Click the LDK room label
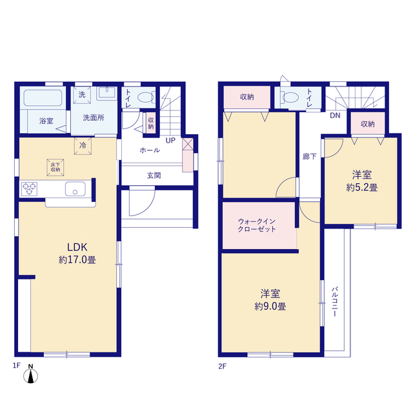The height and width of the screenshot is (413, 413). tap(77, 247)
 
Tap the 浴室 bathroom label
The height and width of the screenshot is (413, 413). tap(46, 121)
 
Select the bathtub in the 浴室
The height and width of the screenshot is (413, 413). tap(43, 98)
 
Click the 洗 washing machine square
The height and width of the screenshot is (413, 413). tap(82, 95)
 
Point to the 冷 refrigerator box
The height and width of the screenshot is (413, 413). tap(83, 146)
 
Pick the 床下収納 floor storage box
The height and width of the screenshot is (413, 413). tap(55, 167)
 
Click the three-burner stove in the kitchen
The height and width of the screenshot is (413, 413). tap(29, 189)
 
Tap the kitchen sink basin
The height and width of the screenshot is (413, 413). tap(76, 188)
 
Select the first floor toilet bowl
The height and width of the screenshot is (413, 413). tap(145, 97)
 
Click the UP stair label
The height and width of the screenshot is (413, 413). tap(170, 141)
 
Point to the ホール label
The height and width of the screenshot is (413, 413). tap(150, 150)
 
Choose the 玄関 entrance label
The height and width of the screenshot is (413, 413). tap(154, 176)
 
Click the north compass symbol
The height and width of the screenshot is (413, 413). tap(30, 374)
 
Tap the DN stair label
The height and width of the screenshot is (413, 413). tap(335, 116)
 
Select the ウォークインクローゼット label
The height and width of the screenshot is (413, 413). tap(257, 225)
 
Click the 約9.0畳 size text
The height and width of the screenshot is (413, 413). tap(270, 307)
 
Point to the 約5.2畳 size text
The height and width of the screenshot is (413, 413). tap(362, 188)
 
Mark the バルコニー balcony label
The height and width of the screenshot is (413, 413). tap(335, 301)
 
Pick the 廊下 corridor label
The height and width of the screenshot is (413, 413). tap(310, 157)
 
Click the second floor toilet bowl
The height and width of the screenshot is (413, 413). tap(290, 97)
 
